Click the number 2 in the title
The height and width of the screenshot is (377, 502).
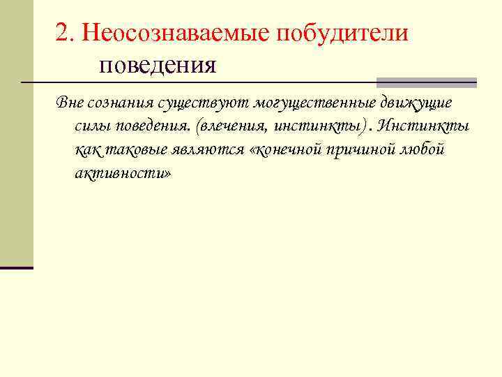[63, 33]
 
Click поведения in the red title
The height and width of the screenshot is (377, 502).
[158, 66]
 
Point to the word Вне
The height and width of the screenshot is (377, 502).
[70, 103]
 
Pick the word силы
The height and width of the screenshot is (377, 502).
[91, 126]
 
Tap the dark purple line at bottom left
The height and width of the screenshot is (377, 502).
[17, 267]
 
